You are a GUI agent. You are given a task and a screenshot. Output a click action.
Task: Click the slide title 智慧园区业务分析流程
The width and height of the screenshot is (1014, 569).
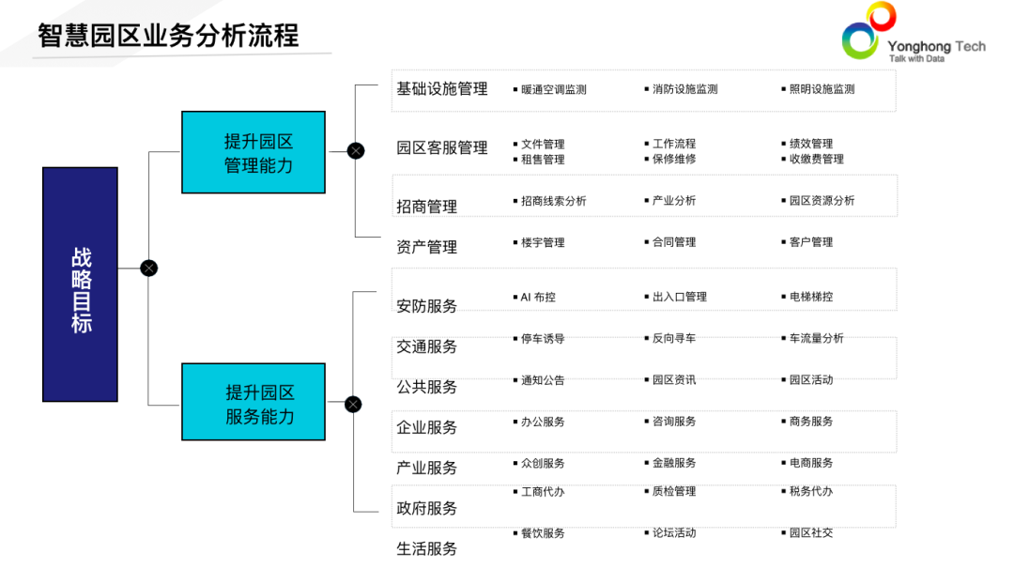[169, 36]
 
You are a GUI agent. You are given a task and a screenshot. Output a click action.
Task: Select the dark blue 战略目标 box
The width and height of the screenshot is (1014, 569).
[81, 284]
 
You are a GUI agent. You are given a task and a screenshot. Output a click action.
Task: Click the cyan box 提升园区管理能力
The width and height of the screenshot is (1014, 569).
[253, 152]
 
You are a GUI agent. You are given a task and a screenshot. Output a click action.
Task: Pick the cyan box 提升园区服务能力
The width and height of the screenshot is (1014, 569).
[253, 402]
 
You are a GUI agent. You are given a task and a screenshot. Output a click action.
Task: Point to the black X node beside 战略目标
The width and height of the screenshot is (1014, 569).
[148, 268]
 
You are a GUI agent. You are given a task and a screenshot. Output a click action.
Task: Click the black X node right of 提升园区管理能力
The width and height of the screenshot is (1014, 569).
[356, 150]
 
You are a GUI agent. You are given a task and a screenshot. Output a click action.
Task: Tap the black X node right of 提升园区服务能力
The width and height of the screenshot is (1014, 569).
[353, 405]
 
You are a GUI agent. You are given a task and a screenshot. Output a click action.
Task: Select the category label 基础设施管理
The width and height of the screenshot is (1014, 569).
[442, 89]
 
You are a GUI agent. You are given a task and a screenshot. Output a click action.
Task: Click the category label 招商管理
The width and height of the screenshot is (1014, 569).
[427, 207]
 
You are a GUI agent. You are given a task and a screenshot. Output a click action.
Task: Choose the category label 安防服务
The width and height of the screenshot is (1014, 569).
[427, 306]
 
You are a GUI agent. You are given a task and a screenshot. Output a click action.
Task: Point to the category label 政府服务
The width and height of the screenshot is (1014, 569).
[427, 508]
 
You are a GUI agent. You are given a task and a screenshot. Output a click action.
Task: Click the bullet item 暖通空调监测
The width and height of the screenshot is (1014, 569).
[554, 90]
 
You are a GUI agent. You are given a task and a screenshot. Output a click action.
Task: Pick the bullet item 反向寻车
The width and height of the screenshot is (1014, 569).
[674, 338]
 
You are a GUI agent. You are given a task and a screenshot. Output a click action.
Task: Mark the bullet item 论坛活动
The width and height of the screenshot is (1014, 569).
[674, 533]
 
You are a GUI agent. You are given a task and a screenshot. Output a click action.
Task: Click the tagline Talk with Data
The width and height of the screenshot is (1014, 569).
[916, 58]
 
